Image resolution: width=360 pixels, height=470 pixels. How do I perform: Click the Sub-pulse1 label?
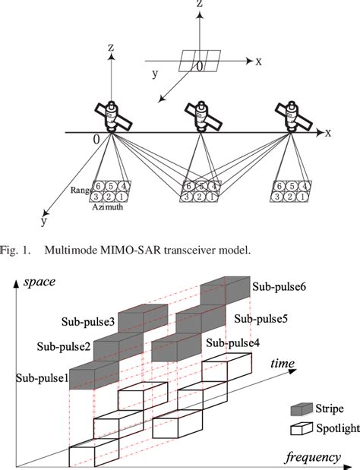point(41,377)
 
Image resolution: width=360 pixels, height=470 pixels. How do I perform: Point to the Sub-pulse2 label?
point(63,347)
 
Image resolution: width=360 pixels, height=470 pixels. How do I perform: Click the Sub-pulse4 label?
point(232,342)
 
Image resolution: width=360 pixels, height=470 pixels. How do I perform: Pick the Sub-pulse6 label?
point(280,288)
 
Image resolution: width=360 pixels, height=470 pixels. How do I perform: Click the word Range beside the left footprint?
point(81,192)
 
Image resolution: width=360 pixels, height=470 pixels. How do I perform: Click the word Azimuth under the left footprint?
point(108,207)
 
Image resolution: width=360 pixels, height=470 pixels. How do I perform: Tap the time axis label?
point(283,364)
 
